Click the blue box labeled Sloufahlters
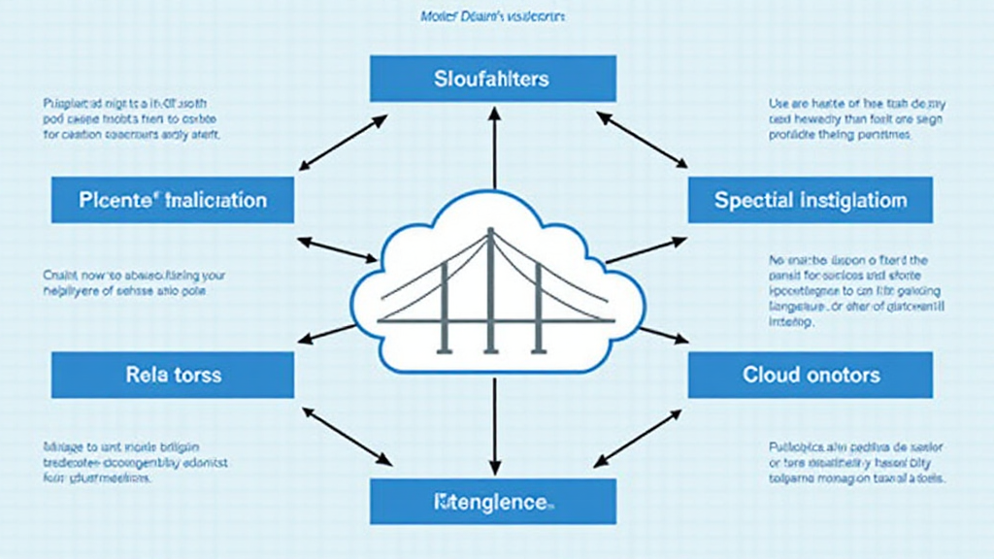coord(492,78)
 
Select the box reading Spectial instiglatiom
coord(811,200)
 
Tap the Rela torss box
coord(173,375)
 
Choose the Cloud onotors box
coord(811,375)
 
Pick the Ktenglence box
coord(492,502)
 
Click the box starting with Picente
coord(173,200)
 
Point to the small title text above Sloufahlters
coord(494,17)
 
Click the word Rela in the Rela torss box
coord(147,375)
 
